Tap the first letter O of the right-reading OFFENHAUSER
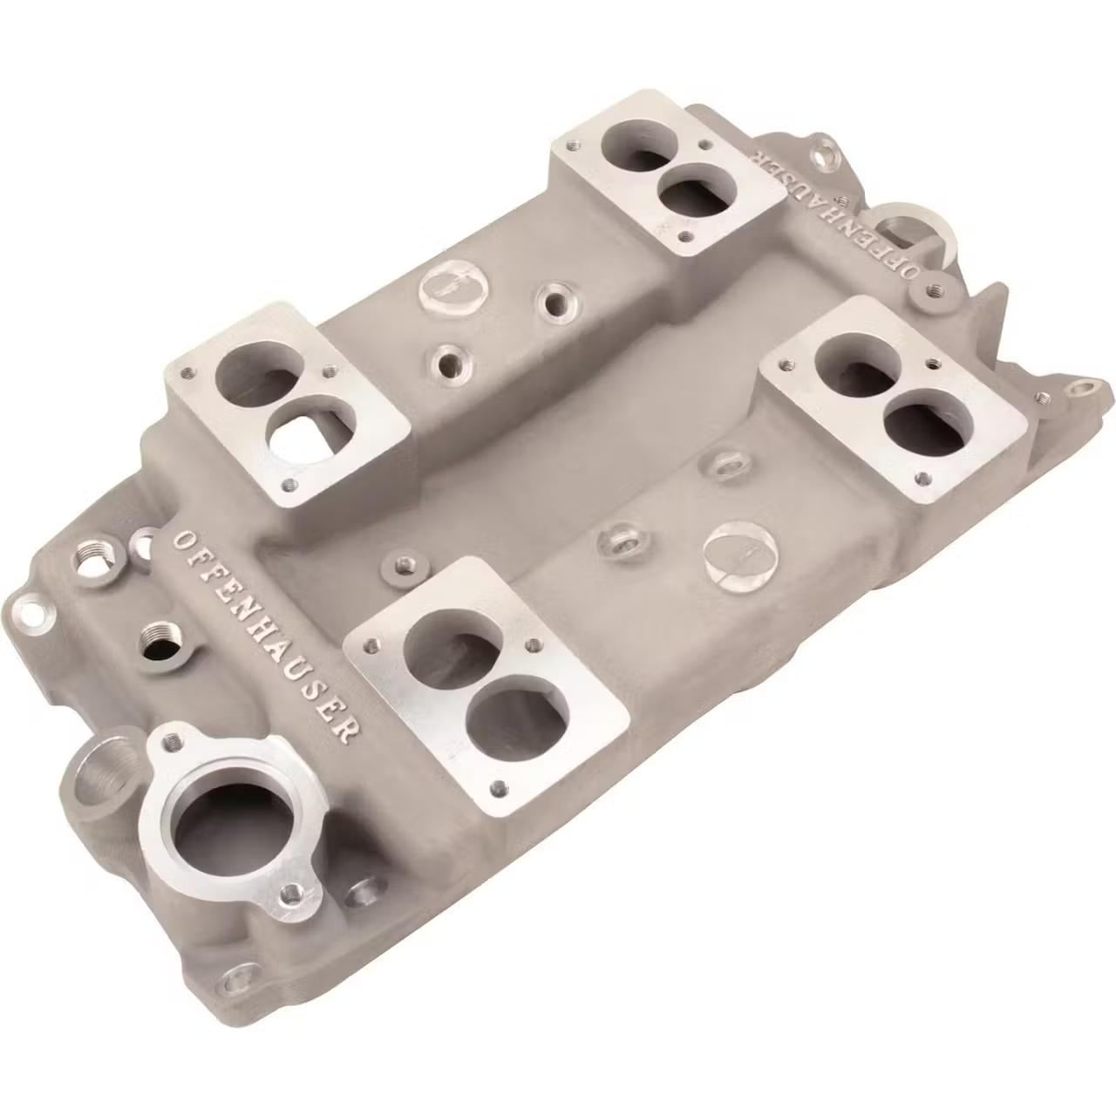pos(186,540)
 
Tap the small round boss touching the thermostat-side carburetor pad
pos(400,568)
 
